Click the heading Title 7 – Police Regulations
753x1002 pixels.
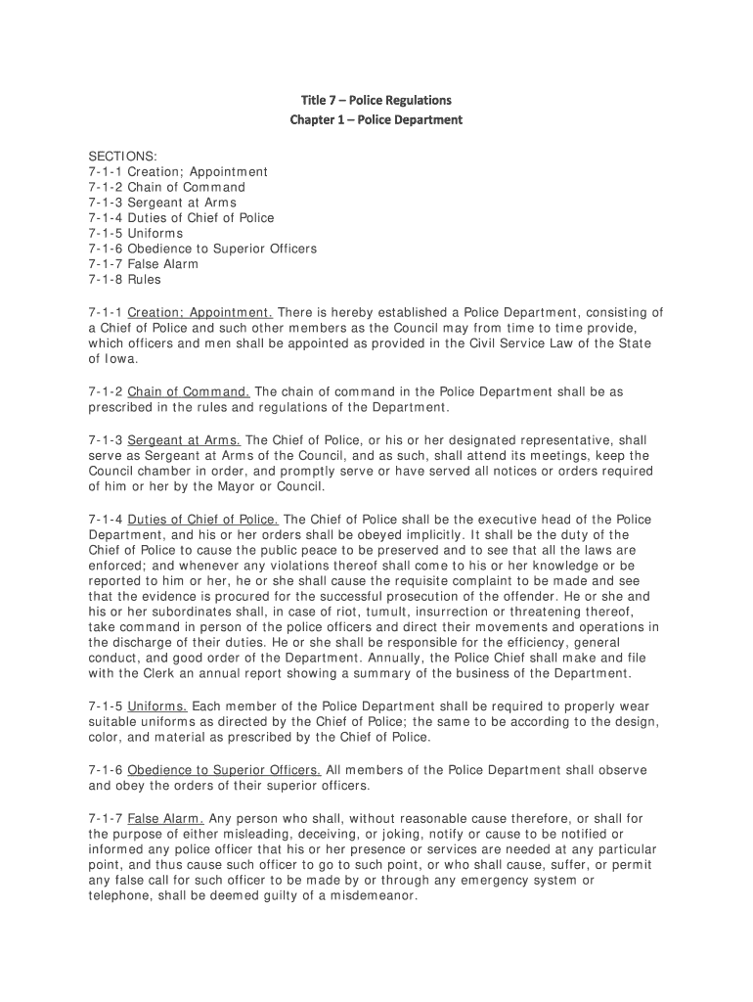pyautogui.click(x=376, y=100)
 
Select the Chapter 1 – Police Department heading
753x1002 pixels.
pyautogui.click(x=376, y=120)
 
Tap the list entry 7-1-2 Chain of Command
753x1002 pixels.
pyautogui.click(x=166, y=187)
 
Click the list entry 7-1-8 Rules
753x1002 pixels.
pyautogui.click(x=125, y=280)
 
